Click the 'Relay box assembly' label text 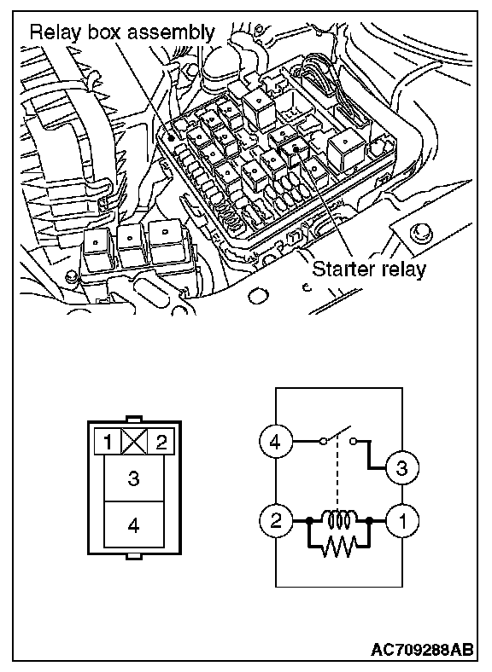122,33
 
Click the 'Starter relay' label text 369,269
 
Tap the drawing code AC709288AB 423,649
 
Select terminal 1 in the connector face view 108,442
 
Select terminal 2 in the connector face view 161,442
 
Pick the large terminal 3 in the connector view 134,478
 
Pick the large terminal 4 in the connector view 134,524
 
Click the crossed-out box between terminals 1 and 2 134,442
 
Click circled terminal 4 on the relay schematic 276,441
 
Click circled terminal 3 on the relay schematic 402,467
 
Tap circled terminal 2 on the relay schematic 276,521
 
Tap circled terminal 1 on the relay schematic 402,521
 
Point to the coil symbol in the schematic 339,519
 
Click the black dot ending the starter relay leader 296,148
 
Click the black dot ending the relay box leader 172,137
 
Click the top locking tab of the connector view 134,419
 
